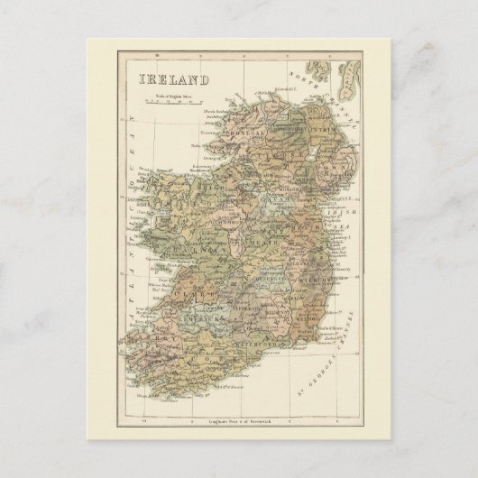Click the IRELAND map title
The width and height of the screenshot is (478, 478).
click(x=173, y=79)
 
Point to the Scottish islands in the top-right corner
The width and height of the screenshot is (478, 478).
click(x=341, y=76)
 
